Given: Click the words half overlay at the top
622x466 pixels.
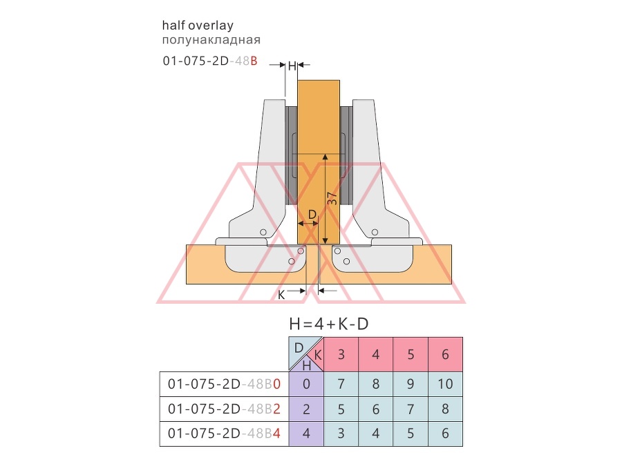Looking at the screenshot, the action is (x=198, y=26).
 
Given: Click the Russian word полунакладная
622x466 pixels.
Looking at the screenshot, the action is (x=211, y=40).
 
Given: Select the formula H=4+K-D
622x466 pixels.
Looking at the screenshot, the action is (x=329, y=324).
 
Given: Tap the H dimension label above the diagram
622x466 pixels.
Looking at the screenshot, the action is (x=292, y=66).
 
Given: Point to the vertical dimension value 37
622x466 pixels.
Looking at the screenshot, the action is (x=332, y=198).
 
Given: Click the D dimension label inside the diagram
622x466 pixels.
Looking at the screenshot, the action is (x=312, y=215).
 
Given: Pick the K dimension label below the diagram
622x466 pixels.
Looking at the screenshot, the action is (x=281, y=295).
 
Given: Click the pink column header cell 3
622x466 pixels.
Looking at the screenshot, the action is (x=341, y=354).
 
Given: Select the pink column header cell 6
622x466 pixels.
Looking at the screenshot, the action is (x=446, y=354).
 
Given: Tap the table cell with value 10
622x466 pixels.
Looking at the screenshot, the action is (x=446, y=384).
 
